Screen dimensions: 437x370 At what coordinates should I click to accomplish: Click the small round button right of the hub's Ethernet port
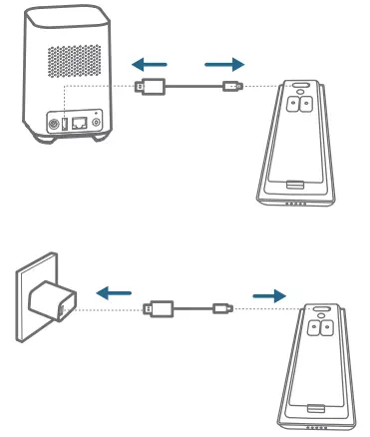point(96,125)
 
